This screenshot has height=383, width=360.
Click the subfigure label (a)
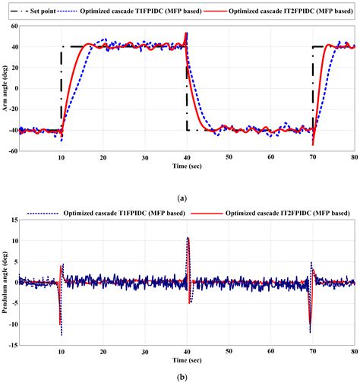pos(181,198)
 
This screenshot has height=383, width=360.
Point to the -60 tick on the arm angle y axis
pos(13,152)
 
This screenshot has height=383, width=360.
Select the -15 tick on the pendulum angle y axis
pos(13,346)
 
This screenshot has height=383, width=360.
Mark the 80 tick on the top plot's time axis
pos(354,157)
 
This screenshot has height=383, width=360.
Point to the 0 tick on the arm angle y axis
pos(16,88)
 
